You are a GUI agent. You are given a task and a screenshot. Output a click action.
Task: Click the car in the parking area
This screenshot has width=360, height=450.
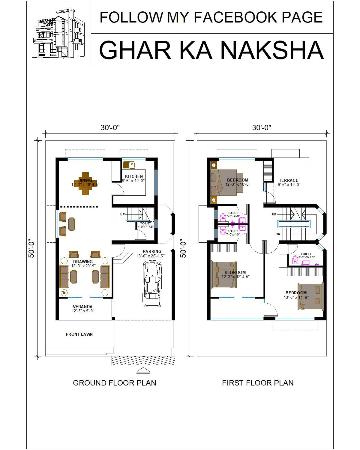[x=152, y=283]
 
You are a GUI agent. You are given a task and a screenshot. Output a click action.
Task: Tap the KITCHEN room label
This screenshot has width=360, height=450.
[x=134, y=176]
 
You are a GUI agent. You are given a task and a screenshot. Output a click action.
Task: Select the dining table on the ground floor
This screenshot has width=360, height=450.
[x=85, y=183]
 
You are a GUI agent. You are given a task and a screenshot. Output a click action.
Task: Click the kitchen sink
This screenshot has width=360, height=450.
[x=129, y=165]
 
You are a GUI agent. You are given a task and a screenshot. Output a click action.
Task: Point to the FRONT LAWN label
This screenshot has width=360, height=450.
[x=79, y=334]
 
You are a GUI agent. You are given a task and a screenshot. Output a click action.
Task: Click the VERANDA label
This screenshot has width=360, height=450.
[x=82, y=307]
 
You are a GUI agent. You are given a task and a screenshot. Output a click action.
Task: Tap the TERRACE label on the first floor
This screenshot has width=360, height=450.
[x=289, y=180]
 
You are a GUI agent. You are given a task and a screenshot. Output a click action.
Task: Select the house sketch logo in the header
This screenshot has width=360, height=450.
[x=59, y=33]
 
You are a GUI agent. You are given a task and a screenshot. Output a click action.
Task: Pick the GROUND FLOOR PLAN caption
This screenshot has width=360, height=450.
[x=114, y=383]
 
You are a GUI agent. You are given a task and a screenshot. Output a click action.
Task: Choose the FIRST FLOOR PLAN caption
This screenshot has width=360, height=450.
[x=258, y=383]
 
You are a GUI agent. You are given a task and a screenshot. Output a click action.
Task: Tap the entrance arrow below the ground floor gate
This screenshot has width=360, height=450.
[x=143, y=371]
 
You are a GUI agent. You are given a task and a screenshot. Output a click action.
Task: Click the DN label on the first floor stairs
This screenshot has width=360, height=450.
[x=278, y=234]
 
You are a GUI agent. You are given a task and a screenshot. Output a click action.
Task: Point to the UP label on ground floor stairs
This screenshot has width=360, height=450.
[x=122, y=214]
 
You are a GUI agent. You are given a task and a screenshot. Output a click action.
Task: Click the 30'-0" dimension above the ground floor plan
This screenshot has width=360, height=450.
[x=110, y=127]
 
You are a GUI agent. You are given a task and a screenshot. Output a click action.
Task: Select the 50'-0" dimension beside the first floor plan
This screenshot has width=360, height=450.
[x=183, y=248]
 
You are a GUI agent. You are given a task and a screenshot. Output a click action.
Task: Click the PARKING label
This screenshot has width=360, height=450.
[x=152, y=251]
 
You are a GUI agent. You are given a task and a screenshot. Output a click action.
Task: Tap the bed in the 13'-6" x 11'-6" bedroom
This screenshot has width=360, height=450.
[x=310, y=296]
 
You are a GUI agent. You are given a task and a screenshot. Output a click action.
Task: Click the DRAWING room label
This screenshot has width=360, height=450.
[x=83, y=262]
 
